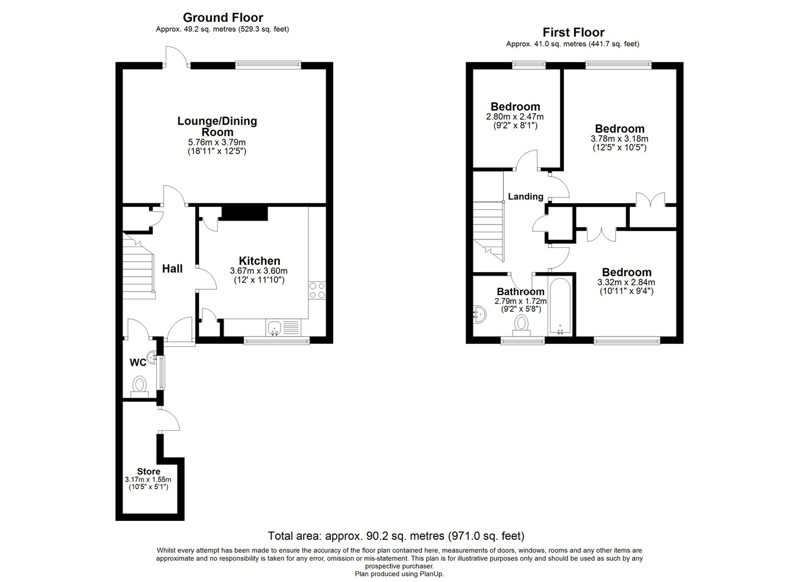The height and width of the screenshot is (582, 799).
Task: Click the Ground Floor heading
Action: click(223, 17)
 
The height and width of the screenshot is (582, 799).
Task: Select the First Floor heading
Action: click(573, 33)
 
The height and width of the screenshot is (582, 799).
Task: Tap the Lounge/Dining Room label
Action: click(217, 126)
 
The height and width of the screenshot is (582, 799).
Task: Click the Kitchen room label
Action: click(259, 261)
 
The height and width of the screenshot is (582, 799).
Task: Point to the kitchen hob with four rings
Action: click(317, 290)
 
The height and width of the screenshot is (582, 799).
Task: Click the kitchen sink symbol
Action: click(274, 328)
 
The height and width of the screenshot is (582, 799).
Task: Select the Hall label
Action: click(172, 268)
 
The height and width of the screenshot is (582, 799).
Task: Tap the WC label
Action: click(138, 362)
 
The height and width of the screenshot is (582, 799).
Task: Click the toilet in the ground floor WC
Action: click(140, 385)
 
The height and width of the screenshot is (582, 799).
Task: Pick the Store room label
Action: click(149, 471)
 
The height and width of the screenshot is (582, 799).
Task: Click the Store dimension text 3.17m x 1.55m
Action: click(148, 479)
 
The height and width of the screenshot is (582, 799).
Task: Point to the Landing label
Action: click(526, 196)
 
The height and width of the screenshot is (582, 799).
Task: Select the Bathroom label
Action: click(520, 292)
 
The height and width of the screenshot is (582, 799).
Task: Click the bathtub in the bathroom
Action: click(559, 307)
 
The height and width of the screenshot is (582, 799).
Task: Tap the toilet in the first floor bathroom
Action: click(521, 325)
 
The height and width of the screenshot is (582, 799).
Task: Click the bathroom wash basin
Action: click(479, 315)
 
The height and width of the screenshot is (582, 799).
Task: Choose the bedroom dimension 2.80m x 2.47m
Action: click(514, 117)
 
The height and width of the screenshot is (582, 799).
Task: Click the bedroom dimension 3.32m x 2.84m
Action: click(626, 283)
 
